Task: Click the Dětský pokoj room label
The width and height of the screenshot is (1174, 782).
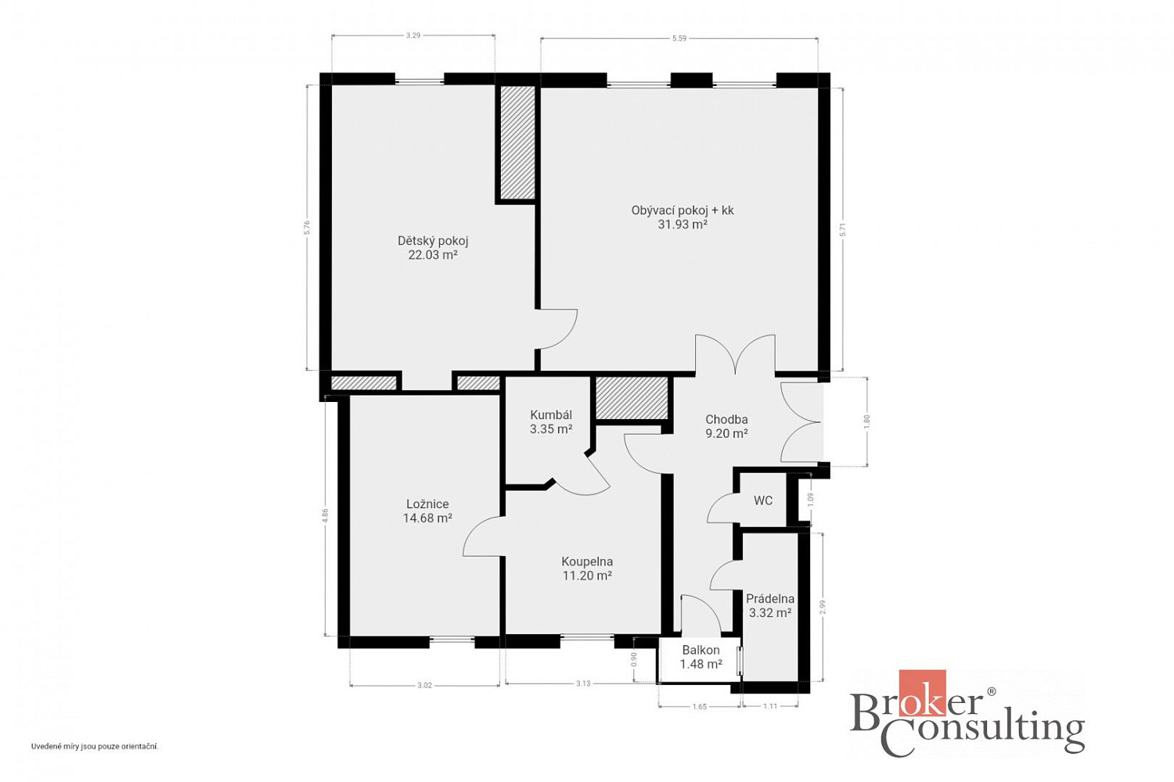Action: [x=432, y=241]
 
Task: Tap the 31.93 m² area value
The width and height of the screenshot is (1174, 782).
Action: [x=682, y=224]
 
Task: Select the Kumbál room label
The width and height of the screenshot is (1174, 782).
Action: [x=551, y=414]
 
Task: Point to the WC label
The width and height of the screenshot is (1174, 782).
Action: [x=763, y=500]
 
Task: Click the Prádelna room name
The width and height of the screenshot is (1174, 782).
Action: [x=770, y=599]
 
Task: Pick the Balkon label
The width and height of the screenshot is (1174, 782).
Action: [x=700, y=650]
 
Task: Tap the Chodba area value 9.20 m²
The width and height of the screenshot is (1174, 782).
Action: [x=726, y=434]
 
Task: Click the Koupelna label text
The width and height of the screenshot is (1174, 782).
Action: [x=587, y=561]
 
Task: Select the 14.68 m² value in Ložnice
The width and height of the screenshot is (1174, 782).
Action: [x=427, y=518]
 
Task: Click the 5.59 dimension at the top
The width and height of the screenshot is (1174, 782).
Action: [x=679, y=38]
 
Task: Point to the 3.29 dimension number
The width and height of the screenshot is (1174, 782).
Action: [x=413, y=36]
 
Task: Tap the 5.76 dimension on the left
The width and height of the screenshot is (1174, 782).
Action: [x=308, y=228]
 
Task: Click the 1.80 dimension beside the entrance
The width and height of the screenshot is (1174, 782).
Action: [x=866, y=421]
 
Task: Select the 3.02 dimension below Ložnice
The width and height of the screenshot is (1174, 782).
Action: [x=424, y=685]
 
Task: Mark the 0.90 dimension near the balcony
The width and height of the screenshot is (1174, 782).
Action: [x=634, y=659]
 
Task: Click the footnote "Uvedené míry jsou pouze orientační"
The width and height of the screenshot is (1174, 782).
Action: [x=95, y=746]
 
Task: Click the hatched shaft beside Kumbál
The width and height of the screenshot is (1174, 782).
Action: [x=632, y=398]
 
